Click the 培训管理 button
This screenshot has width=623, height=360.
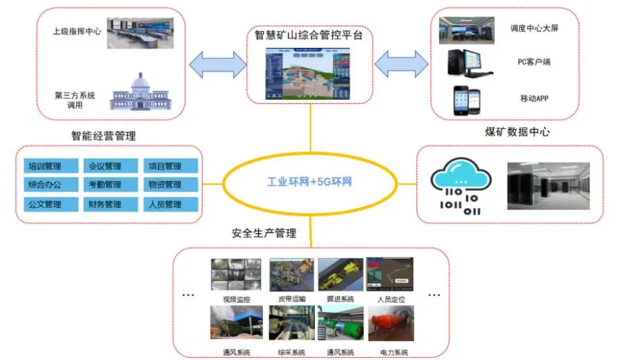point(46,166)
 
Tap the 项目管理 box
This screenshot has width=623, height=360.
point(164,166)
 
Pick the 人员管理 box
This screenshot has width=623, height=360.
point(164,205)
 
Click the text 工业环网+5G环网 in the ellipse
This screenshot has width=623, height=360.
point(311,183)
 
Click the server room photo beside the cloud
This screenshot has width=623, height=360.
point(548,185)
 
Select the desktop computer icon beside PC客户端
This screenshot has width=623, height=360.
point(467,62)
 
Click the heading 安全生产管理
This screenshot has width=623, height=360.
point(264,234)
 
